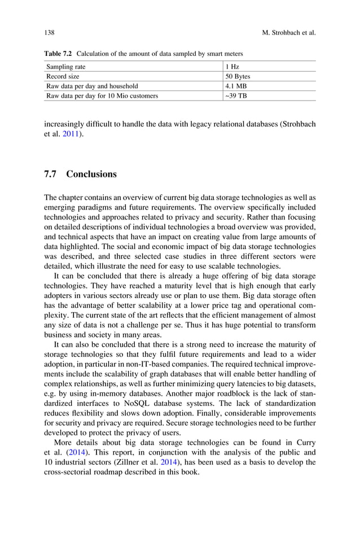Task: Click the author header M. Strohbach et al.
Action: [289, 33]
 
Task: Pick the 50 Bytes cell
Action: [238, 76]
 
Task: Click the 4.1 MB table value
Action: [236, 86]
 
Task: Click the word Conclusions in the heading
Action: [91, 174]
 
